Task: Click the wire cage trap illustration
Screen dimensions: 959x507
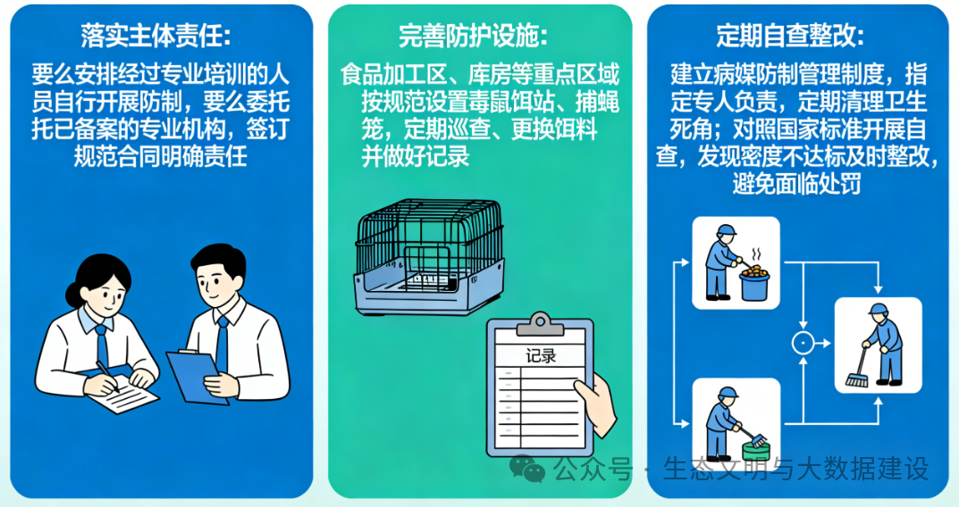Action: pyautogui.click(x=429, y=256)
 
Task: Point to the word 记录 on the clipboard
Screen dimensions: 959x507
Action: pyautogui.click(x=541, y=355)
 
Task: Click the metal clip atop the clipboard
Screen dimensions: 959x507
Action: pyautogui.click(x=540, y=324)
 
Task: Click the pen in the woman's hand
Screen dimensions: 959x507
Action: pyautogui.click(x=107, y=376)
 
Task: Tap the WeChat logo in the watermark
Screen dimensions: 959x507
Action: pyautogui.click(x=526, y=469)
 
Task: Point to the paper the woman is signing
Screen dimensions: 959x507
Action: pyautogui.click(x=123, y=394)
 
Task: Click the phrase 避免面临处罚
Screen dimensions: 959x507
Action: pyautogui.click(x=796, y=183)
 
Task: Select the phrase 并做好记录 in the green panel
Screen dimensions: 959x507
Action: pyautogui.click(x=416, y=156)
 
